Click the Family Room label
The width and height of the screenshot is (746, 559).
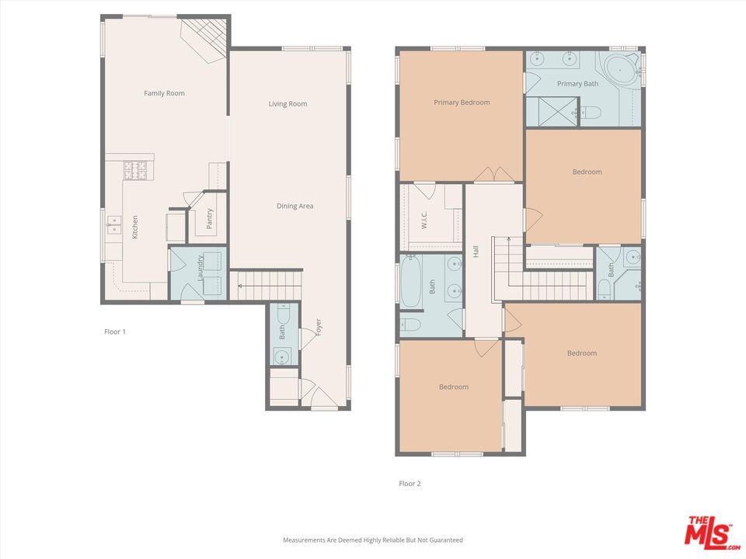pyautogui.click(x=164, y=93)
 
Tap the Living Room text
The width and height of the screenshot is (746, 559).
pyautogui.click(x=288, y=104)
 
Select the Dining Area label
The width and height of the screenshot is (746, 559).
pyautogui.click(x=295, y=206)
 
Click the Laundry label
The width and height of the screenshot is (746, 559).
pyautogui.click(x=200, y=268)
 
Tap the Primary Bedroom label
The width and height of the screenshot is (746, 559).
pyautogui.click(x=462, y=102)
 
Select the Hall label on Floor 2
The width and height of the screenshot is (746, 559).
pyautogui.click(x=476, y=252)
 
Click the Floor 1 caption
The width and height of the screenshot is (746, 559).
pyautogui.click(x=115, y=332)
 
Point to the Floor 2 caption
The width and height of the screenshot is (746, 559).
pyautogui.click(x=410, y=484)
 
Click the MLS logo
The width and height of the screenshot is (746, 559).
pyautogui.click(x=708, y=531)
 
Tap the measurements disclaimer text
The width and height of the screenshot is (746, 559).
pyautogui.click(x=372, y=540)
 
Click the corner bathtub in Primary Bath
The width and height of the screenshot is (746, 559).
pyautogui.click(x=621, y=72)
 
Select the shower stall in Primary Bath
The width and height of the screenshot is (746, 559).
pyautogui.click(x=553, y=111)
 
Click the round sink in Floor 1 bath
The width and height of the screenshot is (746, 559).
pyautogui.click(x=282, y=357)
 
